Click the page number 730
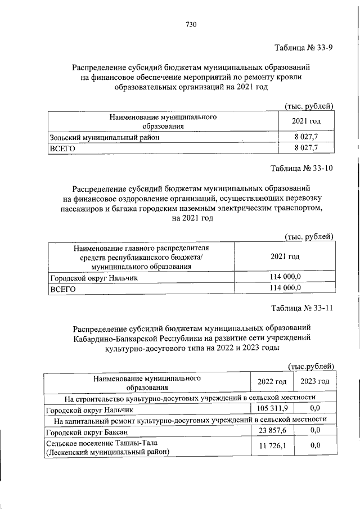click(x=191, y=24)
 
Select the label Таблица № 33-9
click(x=304, y=47)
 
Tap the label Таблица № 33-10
click(x=303, y=169)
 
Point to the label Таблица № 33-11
click(x=303, y=308)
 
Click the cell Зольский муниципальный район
click(x=105, y=137)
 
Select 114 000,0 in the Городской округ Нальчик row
click(x=285, y=277)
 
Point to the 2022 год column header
click(x=272, y=382)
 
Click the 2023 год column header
click(x=314, y=382)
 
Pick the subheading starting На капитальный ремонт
click(x=190, y=420)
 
